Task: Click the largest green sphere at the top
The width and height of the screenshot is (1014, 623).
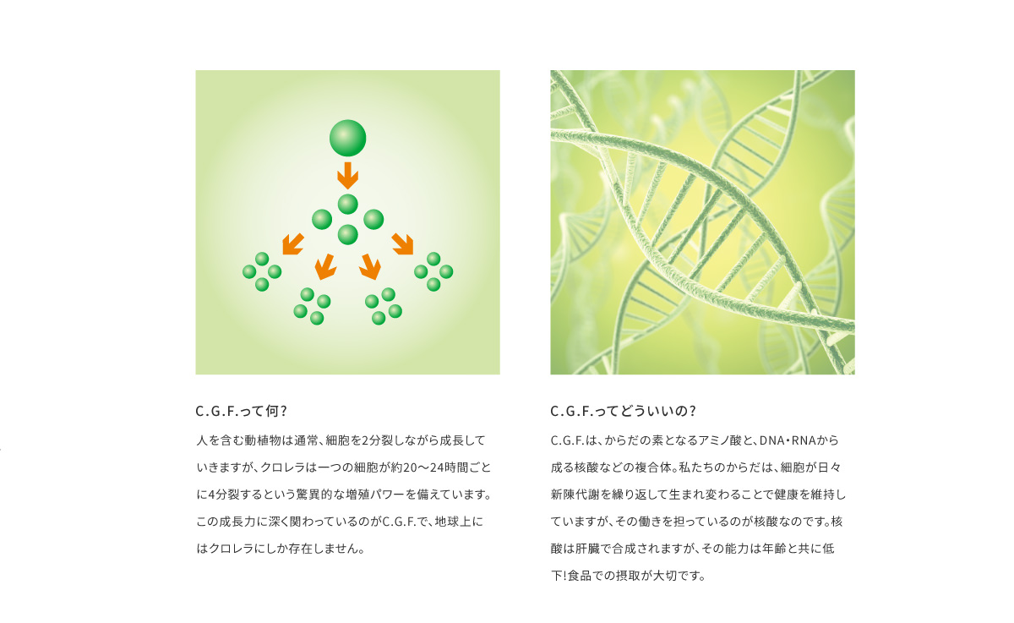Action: coord(347,138)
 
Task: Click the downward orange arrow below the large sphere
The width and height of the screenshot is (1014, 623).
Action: coord(347,176)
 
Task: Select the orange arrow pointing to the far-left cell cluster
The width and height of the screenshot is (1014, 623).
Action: coord(293,244)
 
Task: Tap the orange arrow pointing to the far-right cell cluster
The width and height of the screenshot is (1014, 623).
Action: coord(402,244)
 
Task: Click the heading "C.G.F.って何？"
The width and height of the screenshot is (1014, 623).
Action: coord(242,411)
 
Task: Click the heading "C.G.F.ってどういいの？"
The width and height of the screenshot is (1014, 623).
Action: coord(624,411)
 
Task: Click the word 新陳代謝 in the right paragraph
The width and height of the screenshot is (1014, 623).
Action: coord(575,495)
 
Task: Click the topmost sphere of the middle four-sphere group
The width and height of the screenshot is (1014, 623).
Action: coord(347,205)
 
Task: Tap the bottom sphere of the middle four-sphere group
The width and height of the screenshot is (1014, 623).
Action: coord(347,234)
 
